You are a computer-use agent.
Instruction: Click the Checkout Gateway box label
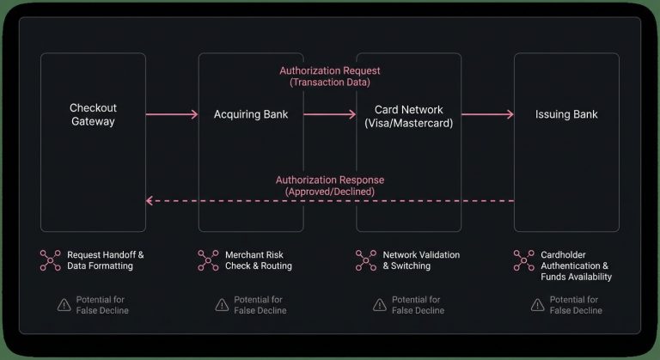coord(93,114)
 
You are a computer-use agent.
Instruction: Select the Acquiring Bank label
coord(251,114)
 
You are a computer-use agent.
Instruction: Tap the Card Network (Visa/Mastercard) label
coord(408,115)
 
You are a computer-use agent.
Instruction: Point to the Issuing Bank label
coord(566,114)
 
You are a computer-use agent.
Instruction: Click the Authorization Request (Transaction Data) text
coord(330,76)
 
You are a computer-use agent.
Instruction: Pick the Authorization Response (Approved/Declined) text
coord(330,186)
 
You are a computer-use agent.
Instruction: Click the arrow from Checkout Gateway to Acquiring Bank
coord(171,114)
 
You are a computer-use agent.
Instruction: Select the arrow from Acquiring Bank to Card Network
coord(329,114)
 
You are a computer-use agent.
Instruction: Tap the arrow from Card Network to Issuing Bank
coord(487,114)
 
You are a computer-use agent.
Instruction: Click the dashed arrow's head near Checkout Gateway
coord(150,201)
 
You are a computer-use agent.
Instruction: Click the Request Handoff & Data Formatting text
coord(105,260)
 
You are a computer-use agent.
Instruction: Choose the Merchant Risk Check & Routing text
coord(258,260)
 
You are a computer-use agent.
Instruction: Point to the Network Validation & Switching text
coord(421,260)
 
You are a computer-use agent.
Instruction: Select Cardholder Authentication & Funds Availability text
coord(576,265)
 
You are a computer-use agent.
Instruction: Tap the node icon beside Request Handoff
coord(50,260)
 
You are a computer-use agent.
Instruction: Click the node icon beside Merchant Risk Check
coord(208,260)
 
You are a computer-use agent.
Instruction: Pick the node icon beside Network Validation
coord(366,260)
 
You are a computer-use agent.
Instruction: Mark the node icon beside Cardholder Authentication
coord(523,260)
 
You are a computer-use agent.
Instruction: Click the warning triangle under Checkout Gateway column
coord(64,305)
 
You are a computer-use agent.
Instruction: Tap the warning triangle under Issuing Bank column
coord(537,305)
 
